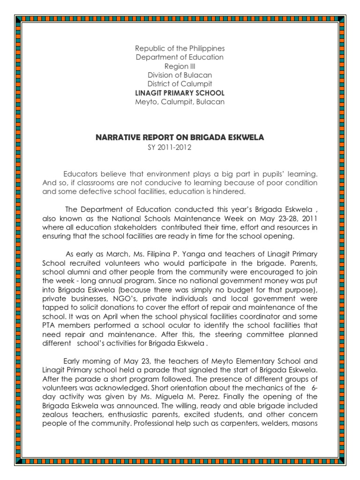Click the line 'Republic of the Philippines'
click(180, 49)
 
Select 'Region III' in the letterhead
click(180, 67)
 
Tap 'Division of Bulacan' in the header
click(180, 75)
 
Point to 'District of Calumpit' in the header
click(180, 84)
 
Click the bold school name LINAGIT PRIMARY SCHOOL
click(180, 93)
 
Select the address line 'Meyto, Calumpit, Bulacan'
click(180, 102)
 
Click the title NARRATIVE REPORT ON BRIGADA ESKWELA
click(180, 138)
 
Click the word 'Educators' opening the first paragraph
click(80, 174)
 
